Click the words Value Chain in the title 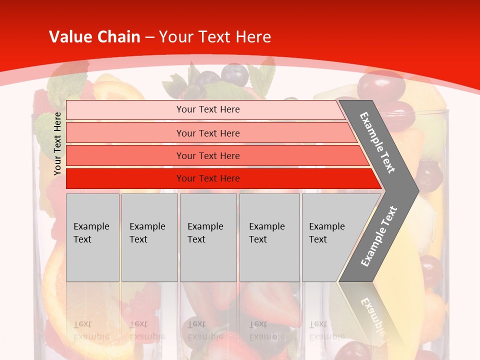pyautogui.click(x=94, y=37)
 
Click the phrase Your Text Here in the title pyautogui.click(x=215, y=37)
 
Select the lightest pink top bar pyautogui.click(x=208, y=109)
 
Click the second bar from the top pyautogui.click(x=208, y=133)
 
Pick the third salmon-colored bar pyautogui.click(x=208, y=155)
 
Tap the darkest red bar pyautogui.click(x=208, y=178)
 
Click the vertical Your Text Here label pyautogui.click(x=57, y=143)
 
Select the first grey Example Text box pyautogui.click(x=92, y=237)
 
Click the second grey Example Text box pyautogui.click(x=149, y=237)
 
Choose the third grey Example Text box pyautogui.click(x=208, y=237)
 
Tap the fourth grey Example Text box pyautogui.click(x=269, y=237)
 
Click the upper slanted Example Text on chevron pyautogui.click(x=377, y=142)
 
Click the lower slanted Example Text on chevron pyautogui.click(x=378, y=236)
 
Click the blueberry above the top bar pyautogui.click(x=235, y=74)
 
